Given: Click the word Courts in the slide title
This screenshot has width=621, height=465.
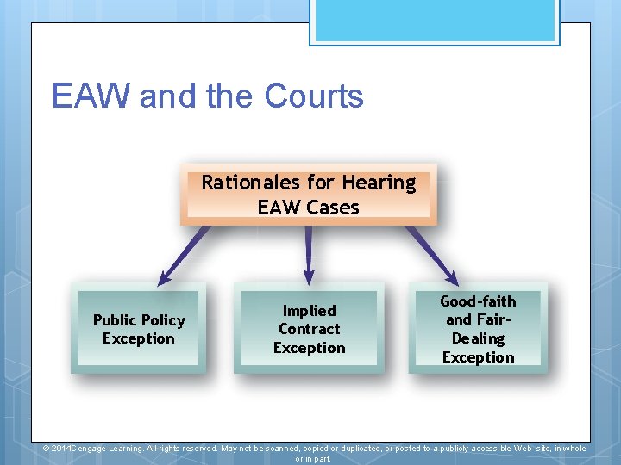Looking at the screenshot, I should pos(314,96).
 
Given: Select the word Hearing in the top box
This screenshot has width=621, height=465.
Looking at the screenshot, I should pos(379,183).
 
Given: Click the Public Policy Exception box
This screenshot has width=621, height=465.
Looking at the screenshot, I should pos(139,328).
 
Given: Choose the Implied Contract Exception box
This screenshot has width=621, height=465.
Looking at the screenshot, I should pos(309,328).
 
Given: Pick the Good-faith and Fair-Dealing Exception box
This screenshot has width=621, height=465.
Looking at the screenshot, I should pos(478,328).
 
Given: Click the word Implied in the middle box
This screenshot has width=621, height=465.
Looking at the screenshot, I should pos(309,310).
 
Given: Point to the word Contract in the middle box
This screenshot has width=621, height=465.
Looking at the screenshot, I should pos(309,329).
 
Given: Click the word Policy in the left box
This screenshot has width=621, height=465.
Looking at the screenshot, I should pos(164,320).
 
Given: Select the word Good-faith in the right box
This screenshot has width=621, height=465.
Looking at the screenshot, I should pos(478,301).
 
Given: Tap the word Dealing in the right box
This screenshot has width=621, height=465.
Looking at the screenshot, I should pos(478,338).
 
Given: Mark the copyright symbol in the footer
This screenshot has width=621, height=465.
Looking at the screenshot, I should pos(47,449).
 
